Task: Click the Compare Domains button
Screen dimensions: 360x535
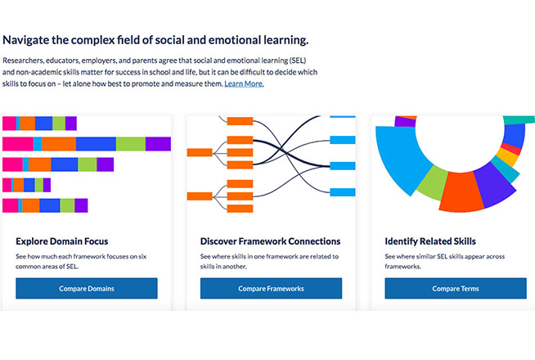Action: (86, 288)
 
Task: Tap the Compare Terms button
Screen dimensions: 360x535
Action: (456, 288)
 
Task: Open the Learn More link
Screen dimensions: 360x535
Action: (244, 83)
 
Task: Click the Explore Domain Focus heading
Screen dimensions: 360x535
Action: (61, 241)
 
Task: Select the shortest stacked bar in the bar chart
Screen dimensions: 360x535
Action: (26, 185)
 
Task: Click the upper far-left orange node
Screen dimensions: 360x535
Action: (200, 152)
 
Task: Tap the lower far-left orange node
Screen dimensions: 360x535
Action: (200, 196)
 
